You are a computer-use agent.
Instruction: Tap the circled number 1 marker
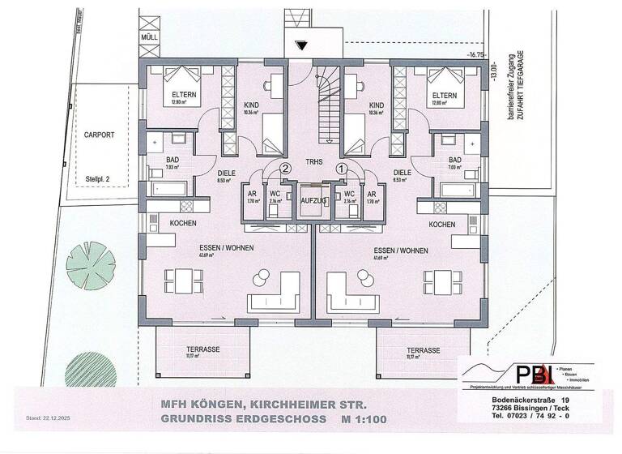(x=342, y=169)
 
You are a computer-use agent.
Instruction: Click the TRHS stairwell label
(x=314, y=162)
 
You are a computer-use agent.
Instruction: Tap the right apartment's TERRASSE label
(x=424, y=349)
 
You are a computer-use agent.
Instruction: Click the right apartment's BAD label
(x=454, y=160)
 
